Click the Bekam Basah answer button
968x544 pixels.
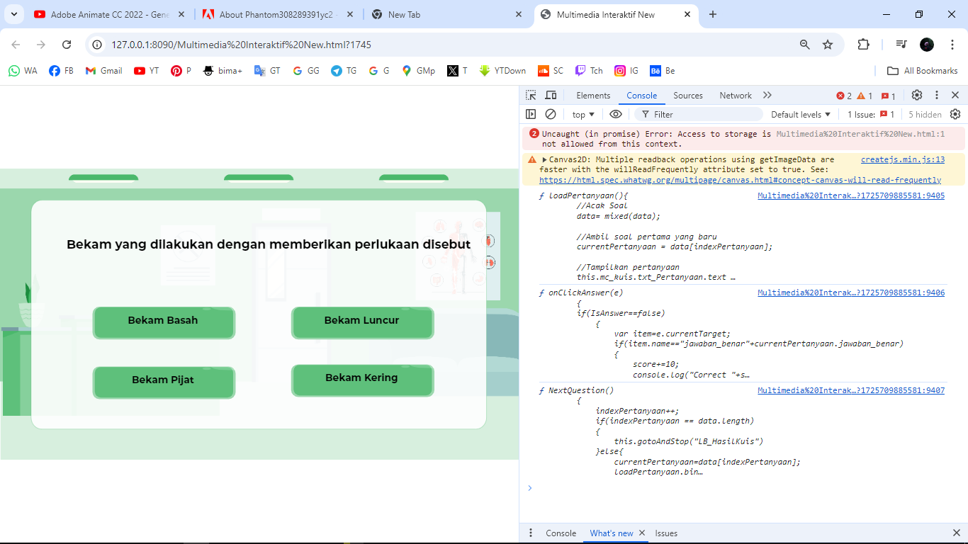pos(163,322)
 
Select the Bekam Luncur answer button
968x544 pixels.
pos(362,322)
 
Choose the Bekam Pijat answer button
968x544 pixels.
pos(163,381)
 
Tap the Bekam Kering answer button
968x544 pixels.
pos(362,379)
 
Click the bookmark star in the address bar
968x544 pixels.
pos(828,45)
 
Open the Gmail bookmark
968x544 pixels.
pos(103,71)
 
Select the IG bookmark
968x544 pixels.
pos(626,71)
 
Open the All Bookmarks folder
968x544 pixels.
pos(923,71)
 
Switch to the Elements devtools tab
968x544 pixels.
pos(593,96)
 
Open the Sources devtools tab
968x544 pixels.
pos(688,96)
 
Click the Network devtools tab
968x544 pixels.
pos(736,96)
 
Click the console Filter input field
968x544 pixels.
pos(702,115)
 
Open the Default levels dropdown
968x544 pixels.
pos(801,115)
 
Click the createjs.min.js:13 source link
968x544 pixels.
pos(902,160)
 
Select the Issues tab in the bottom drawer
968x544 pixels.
pos(666,533)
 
